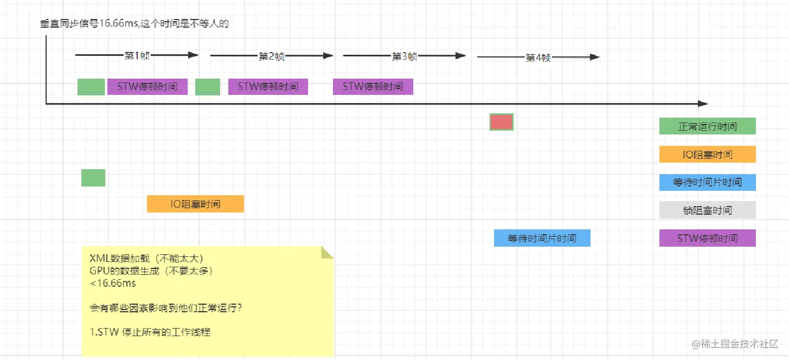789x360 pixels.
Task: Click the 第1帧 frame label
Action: pyautogui.click(x=137, y=55)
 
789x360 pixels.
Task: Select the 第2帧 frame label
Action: pyautogui.click(x=271, y=56)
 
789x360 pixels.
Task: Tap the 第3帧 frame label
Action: pyautogui.click(x=405, y=56)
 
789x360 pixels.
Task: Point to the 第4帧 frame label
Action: pyautogui.click(x=538, y=58)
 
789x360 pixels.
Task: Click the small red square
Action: pyautogui.click(x=501, y=123)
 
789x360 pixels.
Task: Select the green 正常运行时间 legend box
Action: pyautogui.click(x=707, y=126)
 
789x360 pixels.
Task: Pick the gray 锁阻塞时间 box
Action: pyautogui.click(x=707, y=210)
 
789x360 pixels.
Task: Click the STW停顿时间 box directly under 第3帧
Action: pyautogui.click(x=373, y=87)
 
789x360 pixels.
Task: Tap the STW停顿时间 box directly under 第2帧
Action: pyautogui.click(x=268, y=87)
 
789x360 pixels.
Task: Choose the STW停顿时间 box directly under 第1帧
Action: pyautogui.click(x=147, y=87)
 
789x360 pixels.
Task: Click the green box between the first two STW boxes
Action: pyautogui.click(x=207, y=87)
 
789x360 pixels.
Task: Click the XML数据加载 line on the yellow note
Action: pyautogui.click(x=146, y=258)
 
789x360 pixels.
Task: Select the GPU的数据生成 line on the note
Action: pyautogui.click(x=150, y=271)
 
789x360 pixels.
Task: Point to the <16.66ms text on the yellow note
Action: pyautogui.click(x=112, y=283)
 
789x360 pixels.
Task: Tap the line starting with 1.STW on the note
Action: pyautogui.click(x=150, y=332)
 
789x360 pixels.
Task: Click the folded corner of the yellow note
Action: pyautogui.click(x=327, y=253)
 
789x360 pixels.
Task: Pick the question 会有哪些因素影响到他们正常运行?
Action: pyautogui.click(x=165, y=308)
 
